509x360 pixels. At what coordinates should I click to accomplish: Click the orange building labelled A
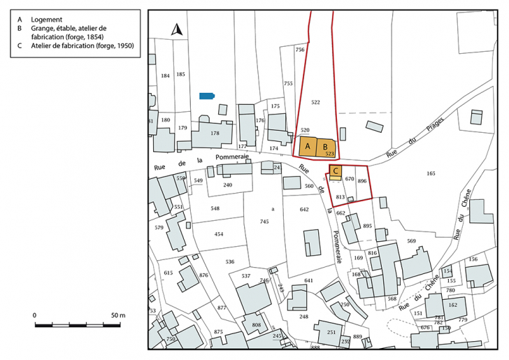[308, 146]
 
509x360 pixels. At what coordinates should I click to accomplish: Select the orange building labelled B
[326, 146]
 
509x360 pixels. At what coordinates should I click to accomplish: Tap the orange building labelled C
[336, 171]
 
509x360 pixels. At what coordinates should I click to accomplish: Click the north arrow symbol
[177, 30]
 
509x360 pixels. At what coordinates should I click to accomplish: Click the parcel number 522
[315, 103]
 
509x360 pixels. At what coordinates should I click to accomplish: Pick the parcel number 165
[431, 173]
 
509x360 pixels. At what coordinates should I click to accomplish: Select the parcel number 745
[264, 222]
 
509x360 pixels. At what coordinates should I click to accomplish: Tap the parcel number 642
[304, 210]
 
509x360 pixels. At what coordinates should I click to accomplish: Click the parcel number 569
[411, 241]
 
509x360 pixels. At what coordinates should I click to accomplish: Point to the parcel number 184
[165, 75]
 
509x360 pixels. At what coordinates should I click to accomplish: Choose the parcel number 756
[300, 50]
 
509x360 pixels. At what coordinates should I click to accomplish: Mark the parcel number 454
[219, 234]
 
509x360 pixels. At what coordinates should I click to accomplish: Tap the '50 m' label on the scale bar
[117, 315]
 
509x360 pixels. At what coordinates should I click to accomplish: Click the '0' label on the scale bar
[35, 315]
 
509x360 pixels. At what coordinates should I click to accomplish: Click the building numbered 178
[214, 133]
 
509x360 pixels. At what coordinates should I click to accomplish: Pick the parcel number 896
[361, 180]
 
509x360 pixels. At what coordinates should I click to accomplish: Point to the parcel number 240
[227, 185]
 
